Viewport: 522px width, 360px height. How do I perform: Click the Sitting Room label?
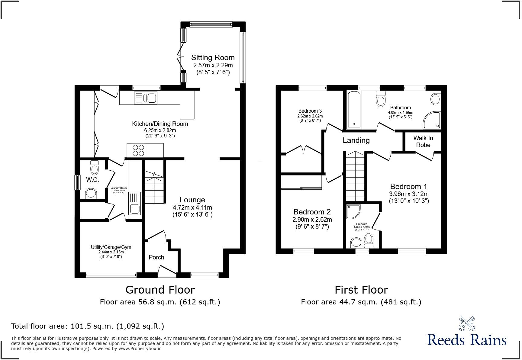(213, 57)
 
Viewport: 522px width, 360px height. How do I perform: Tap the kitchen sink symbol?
(146, 98)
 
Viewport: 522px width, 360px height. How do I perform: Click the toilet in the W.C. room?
(95, 168)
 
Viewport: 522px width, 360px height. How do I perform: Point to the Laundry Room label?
(119, 188)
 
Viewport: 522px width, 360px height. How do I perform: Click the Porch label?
(156, 257)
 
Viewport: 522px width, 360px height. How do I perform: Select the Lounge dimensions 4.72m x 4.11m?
(192, 207)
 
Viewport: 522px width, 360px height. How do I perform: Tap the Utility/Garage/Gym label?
(111, 247)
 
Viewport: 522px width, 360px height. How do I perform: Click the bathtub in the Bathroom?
(354, 109)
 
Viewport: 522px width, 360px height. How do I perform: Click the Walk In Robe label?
(423, 141)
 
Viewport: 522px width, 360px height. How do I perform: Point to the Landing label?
(356, 140)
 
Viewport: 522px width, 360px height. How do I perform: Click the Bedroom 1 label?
(409, 186)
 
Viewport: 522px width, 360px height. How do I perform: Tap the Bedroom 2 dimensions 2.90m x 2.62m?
(312, 220)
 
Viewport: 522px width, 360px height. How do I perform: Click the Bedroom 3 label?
(310, 111)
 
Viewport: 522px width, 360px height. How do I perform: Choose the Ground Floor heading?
(160, 290)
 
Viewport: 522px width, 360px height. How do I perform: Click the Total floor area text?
(88, 326)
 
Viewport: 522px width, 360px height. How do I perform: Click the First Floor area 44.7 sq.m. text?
(361, 302)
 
